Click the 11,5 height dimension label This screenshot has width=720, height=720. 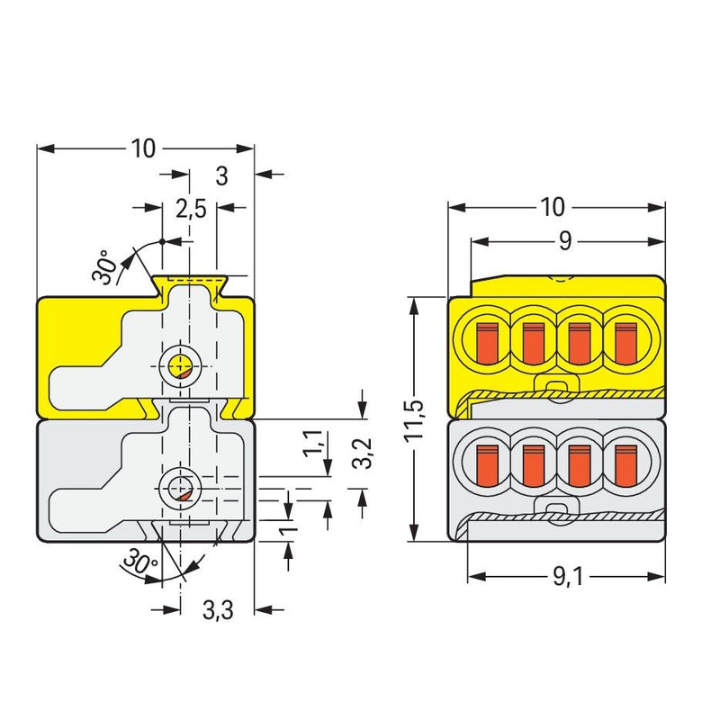coord(415,419)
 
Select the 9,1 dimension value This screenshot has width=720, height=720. coord(568,577)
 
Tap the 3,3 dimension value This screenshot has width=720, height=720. coord(218,610)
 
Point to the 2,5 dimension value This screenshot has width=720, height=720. coord(191,210)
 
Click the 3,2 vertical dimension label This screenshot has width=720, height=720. coord(363,453)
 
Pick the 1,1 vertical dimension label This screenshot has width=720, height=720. coord(313,443)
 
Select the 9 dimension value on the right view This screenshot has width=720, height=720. coord(565,240)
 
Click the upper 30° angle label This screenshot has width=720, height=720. coord(103,266)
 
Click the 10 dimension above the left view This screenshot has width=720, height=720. coord(143,148)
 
